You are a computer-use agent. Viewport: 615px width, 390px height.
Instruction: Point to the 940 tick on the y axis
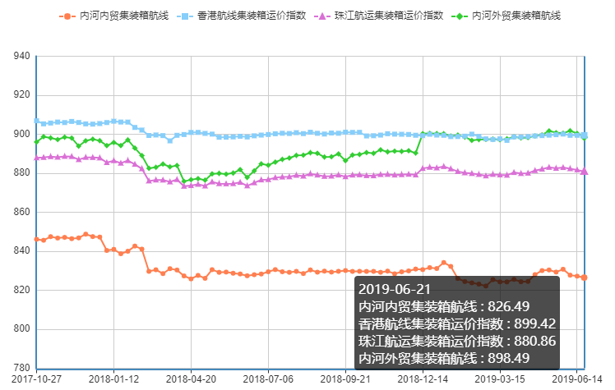pyautogui.click(x=22, y=57)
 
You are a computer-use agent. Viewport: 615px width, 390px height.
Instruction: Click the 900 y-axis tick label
pyautogui.click(x=22, y=135)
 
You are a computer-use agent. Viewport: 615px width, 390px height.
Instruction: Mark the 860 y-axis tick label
pyautogui.click(x=22, y=213)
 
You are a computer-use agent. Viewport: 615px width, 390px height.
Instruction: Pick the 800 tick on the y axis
pyautogui.click(x=22, y=329)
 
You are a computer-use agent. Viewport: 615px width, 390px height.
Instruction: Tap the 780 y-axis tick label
pyautogui.click(x=22, y=368)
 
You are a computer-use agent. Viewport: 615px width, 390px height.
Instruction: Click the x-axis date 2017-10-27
pyautogui.click(x=37, y=379)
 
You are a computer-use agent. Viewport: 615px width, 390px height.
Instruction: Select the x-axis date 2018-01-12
pyautogui.click(x=114, y=379)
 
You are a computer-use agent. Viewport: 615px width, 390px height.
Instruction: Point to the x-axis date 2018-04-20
pyautogui.click(x=191, y=379)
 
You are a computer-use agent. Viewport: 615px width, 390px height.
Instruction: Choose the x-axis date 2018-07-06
pyautogui.click(x=268, y=379)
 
